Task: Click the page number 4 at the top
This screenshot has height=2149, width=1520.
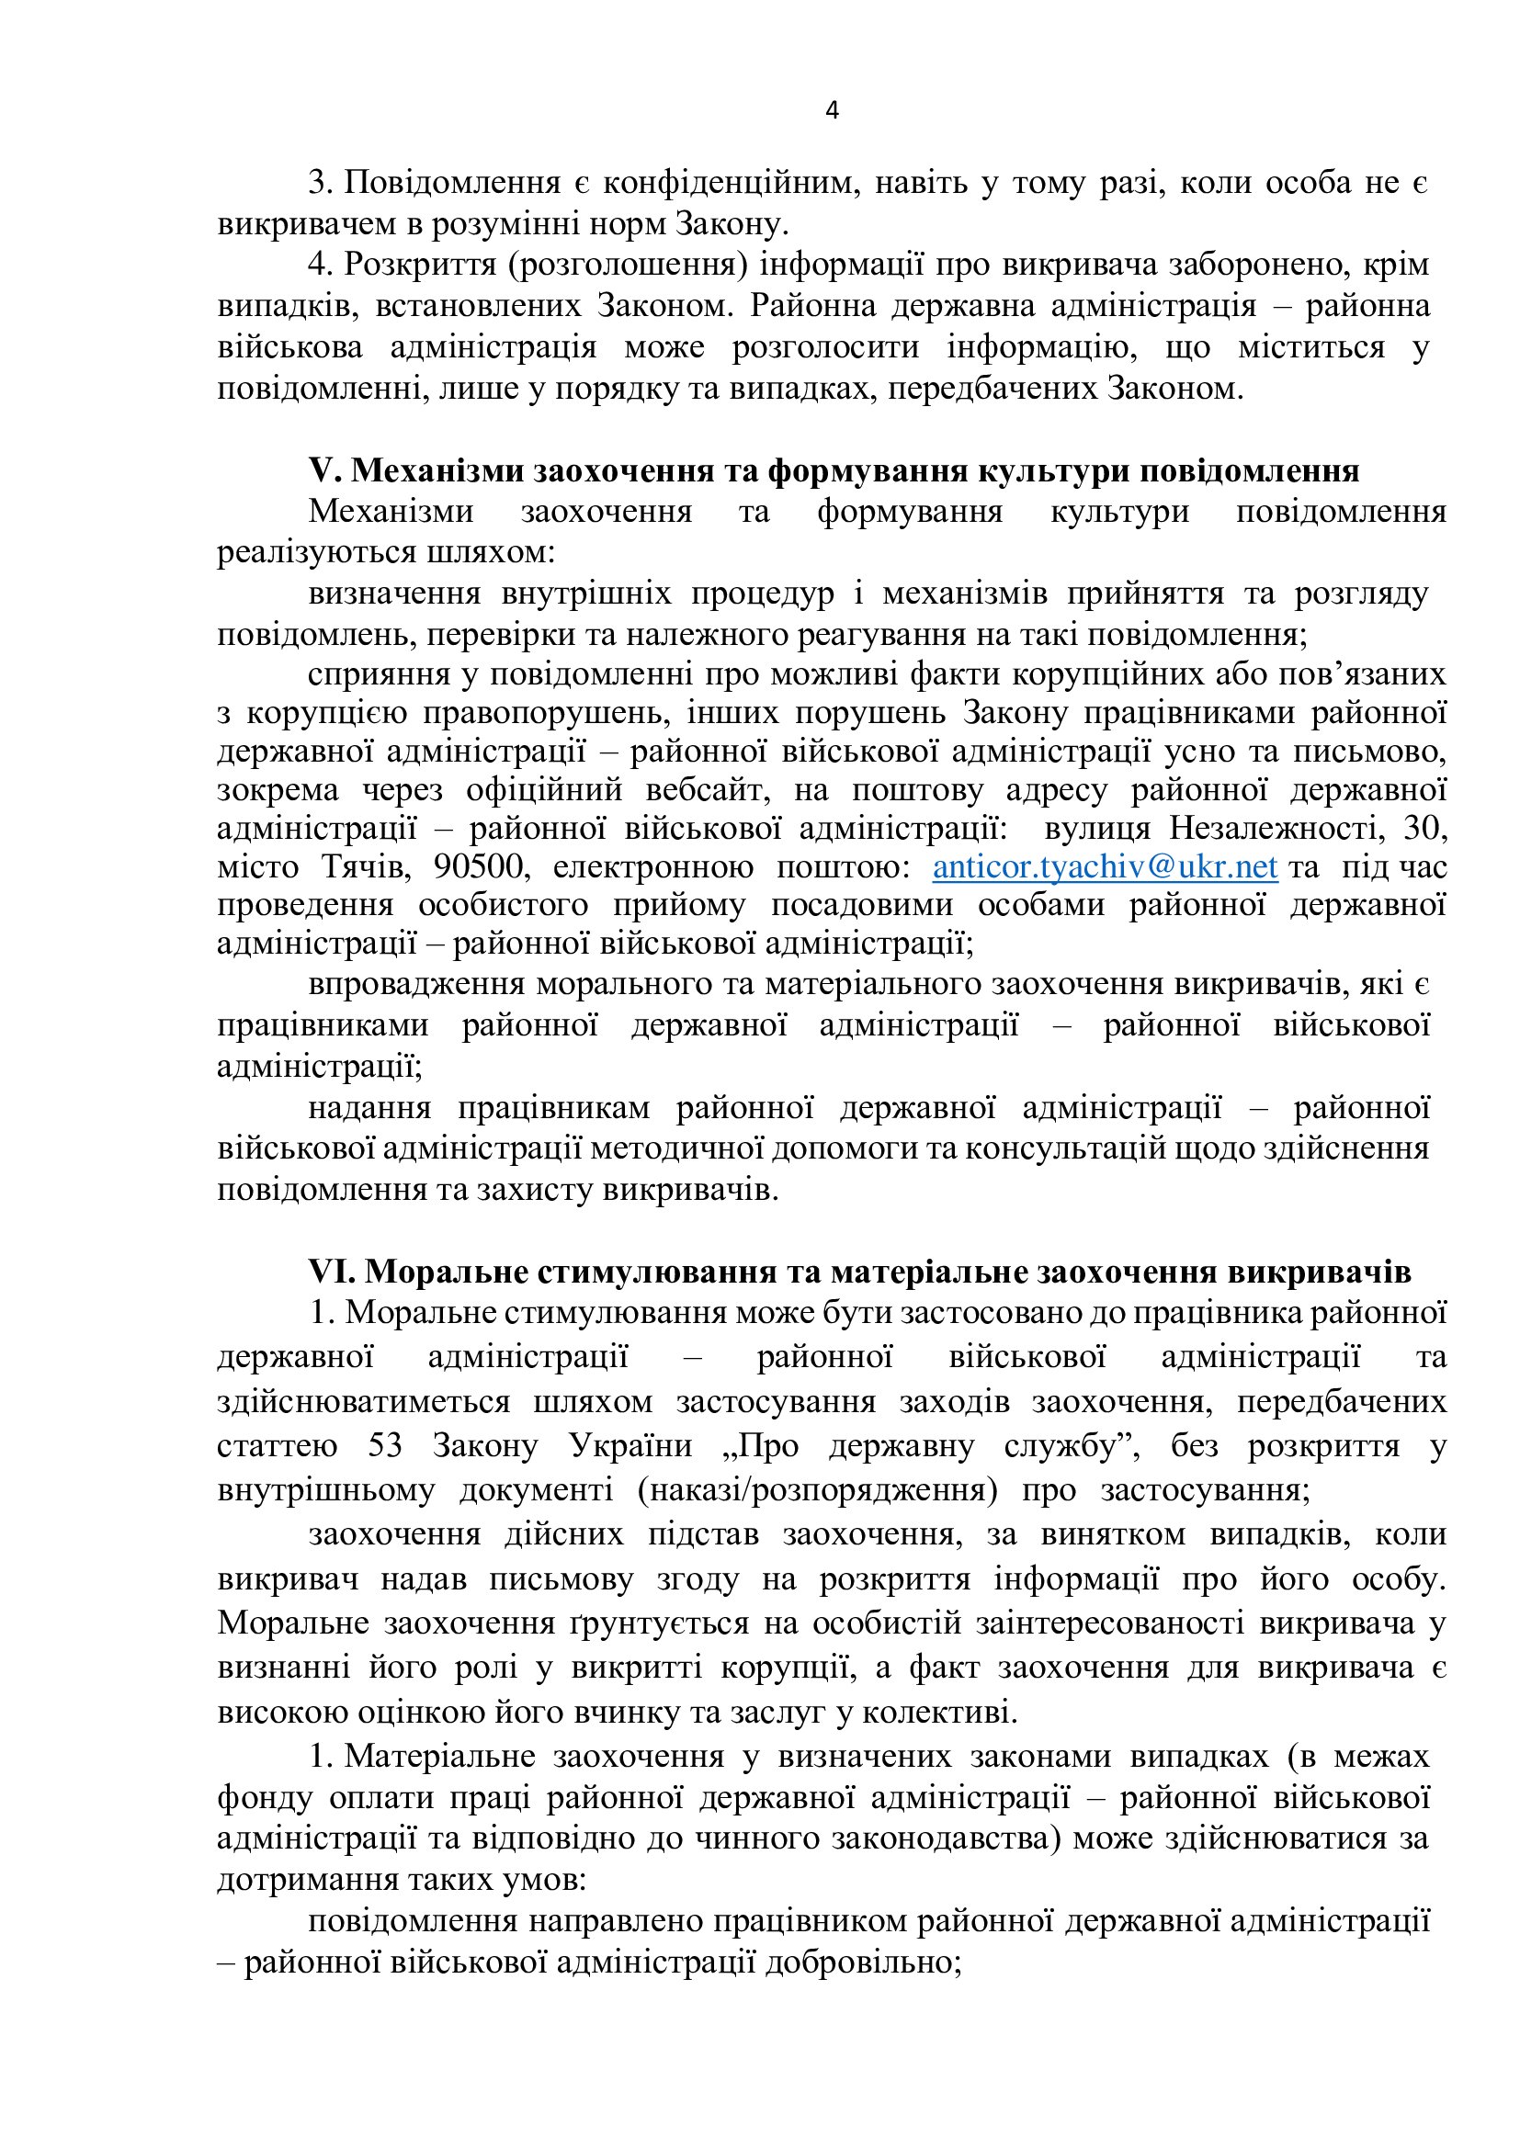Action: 832,110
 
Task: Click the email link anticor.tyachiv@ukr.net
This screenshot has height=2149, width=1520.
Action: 1105,866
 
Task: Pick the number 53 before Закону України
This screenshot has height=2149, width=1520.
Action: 385,1446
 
